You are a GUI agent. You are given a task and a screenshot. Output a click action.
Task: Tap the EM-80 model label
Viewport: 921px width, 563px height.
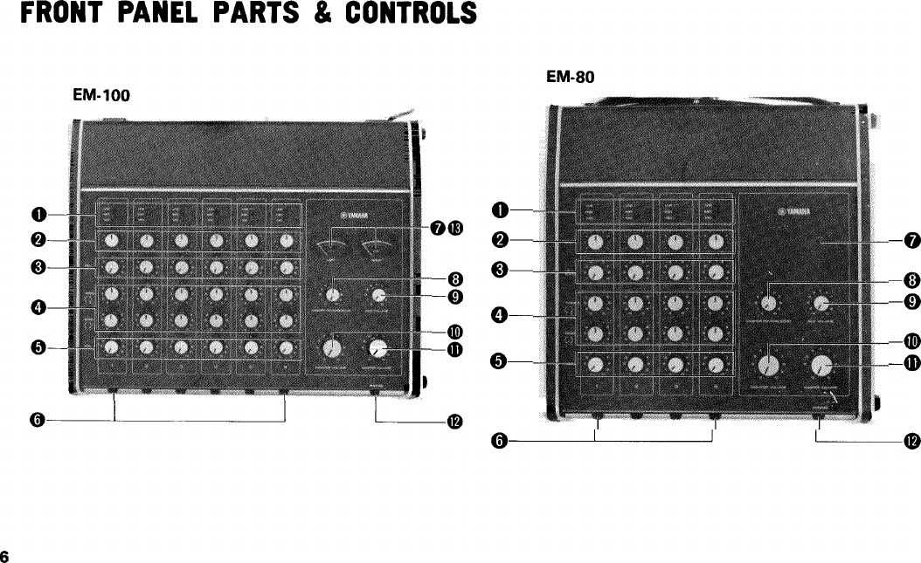(x=570, y=77)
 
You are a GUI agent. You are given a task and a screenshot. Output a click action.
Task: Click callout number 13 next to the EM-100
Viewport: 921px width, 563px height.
(x=455, y=229)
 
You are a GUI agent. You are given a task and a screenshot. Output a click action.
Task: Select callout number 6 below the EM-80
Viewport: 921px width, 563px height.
(x=499, y=442)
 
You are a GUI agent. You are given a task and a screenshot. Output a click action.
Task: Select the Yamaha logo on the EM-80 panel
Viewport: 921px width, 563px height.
(x=795, y=210)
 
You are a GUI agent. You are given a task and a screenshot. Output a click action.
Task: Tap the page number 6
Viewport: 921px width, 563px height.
(x=5, y=556)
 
